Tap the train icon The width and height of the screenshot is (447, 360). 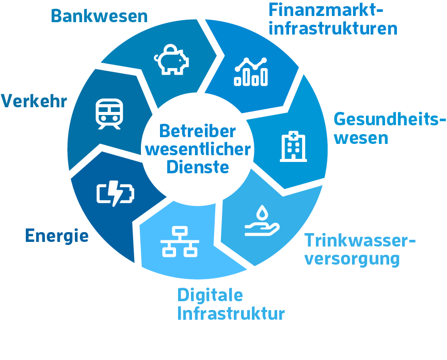[109, 114]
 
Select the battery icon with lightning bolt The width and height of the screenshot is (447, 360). [115, 193]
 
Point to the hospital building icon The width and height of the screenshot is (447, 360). [292, 146]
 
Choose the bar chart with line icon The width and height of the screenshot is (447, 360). [251, 71]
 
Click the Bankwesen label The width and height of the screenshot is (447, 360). [99, 16]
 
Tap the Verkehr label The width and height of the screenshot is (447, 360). [34, 101]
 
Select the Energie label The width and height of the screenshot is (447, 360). [57, 236]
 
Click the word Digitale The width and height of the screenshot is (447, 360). [210, 296]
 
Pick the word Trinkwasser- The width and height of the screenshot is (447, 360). [360, 240]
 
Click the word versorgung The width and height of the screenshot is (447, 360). [352, 258]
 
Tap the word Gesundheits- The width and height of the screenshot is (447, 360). [389, 120]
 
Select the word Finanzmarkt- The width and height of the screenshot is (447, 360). [327, 10]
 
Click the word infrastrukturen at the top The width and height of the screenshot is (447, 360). [333, 28]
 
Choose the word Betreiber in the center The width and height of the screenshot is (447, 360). [198, 132]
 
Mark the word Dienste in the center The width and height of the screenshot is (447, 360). [198, 167]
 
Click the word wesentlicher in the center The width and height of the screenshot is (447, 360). [198, 150]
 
